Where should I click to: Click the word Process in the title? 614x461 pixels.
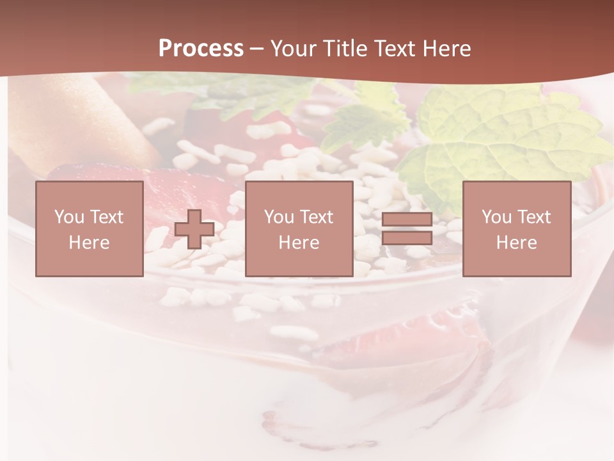pos(201,49)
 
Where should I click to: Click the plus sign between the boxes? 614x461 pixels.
pos(194,229)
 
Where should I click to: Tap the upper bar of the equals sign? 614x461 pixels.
pos(407,220)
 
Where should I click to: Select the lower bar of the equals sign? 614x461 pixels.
pos(407,238)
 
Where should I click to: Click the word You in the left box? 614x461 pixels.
pos(68,217)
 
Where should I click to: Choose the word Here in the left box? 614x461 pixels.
pos(89,243)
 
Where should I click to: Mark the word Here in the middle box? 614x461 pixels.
pos(299,243)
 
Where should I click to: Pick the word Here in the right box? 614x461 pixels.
pos(516,243)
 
